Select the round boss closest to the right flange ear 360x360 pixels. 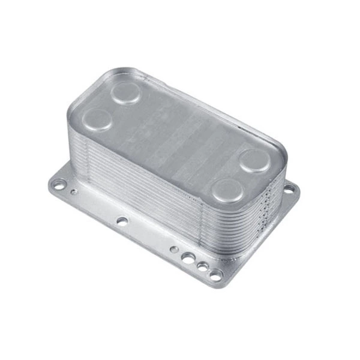pos(254,160)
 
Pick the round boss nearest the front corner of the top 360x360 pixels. pos(229,190)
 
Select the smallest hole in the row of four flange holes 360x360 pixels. pos(173,249)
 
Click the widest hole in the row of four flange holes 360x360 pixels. pos(188,258)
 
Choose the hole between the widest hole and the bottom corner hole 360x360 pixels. pos(203,266)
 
